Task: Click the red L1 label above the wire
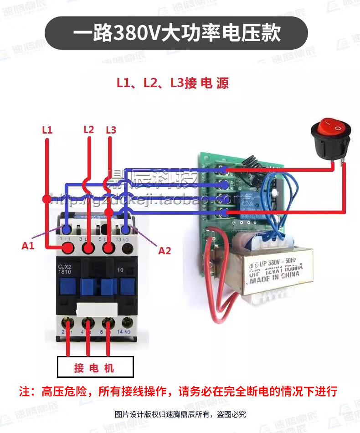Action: (x=47, y=130)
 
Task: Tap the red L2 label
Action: (x=88, y=129)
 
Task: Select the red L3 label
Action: (x=111, y=130)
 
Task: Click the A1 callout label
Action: (x=28, y=246)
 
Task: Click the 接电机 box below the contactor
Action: (x=95, y=367)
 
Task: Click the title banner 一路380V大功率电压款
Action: (x=177, y=34)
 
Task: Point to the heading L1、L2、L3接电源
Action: (x=172, y=83)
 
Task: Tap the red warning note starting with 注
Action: (x=178, y=391)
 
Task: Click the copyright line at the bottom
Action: (x=180, y=414)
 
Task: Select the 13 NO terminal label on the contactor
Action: (x=127, y=239)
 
